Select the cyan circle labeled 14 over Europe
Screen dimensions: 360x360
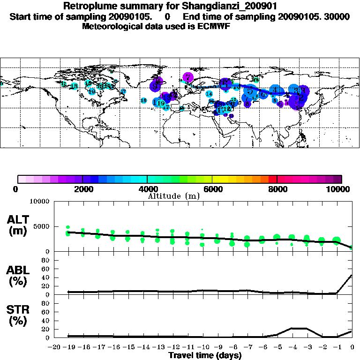click(209, 94)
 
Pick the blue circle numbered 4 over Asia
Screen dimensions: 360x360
click(276, 90)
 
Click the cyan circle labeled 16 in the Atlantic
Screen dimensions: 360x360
click(143, 101)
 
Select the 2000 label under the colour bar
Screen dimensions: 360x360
click(82, 189)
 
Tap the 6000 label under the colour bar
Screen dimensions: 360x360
click(212, 189)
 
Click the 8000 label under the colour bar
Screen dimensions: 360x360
click(277, 189)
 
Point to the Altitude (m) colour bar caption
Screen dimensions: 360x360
click(174, 196)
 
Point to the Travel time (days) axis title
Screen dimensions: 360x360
click(205, 355)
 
